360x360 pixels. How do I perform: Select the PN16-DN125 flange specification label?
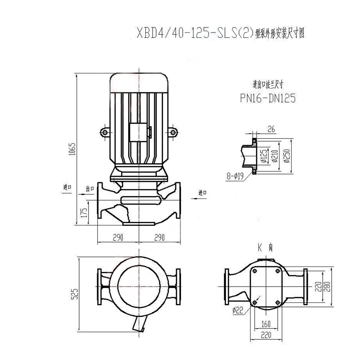(267, 98)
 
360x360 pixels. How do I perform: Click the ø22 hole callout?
(238, 310)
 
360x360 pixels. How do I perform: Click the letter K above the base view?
(260, 247)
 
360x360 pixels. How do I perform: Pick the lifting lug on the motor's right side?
(174, 132)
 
